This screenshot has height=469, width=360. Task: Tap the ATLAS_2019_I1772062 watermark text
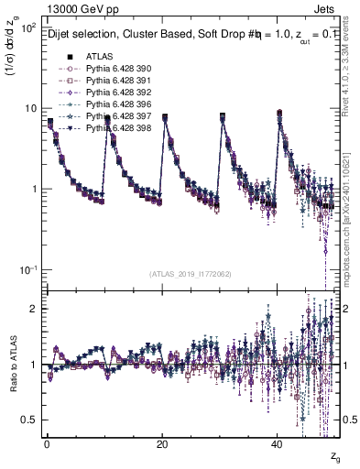(190, 273)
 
